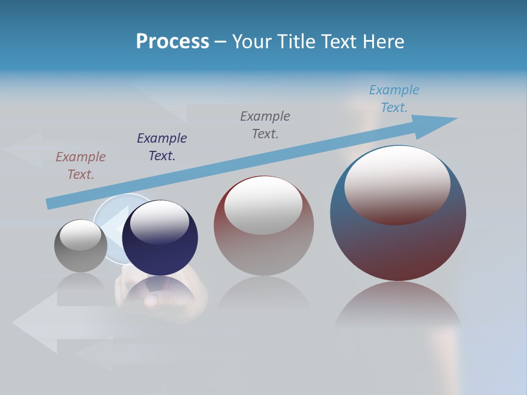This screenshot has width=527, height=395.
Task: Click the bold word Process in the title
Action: (x=172, y=42)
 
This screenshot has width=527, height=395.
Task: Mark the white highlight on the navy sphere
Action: (x=160, y=221)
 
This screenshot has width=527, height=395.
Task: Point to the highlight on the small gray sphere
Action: (x=81, y=235)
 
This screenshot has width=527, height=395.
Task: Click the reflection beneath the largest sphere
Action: (x=398, y=313)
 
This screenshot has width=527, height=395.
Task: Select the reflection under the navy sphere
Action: (x=159, y=294)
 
